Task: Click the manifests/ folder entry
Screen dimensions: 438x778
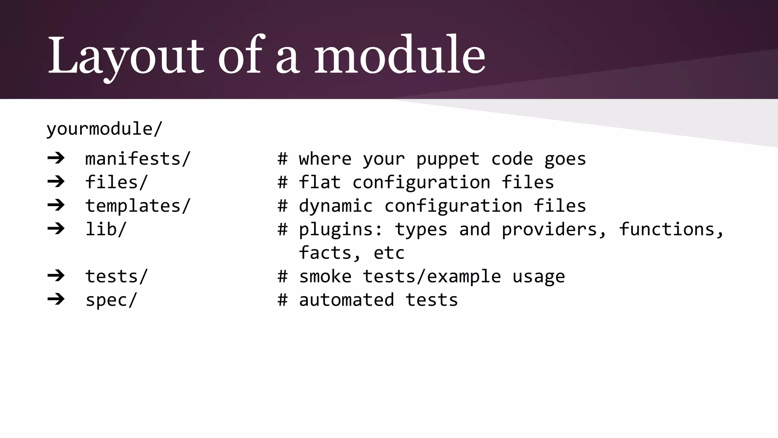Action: [x=138, y=159]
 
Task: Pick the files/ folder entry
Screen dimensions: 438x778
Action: [x=116, y=182]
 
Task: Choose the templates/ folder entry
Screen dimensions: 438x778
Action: [x=138, y=206]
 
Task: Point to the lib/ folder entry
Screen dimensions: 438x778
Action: [x=106, y=229]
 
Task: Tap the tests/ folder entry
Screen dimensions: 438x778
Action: [x=116, y=276]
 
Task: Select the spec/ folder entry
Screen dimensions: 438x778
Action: [x=111, y=300]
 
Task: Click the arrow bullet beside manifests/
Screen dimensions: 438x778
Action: [x=56, y=158]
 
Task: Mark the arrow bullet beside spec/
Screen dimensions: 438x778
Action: [x=56, y=299]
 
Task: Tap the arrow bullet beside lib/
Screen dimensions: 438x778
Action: [x=56, y=229]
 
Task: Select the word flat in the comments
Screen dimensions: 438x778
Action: [x=319, y=182]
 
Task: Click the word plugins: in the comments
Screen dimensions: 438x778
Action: [x=341, y=230]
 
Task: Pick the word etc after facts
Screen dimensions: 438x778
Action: [x=389, y=253]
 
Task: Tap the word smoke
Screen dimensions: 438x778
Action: [x=325, y=276]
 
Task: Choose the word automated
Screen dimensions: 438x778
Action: [x=346, y=300]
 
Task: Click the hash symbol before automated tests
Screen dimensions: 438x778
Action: [x=282, y=300]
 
